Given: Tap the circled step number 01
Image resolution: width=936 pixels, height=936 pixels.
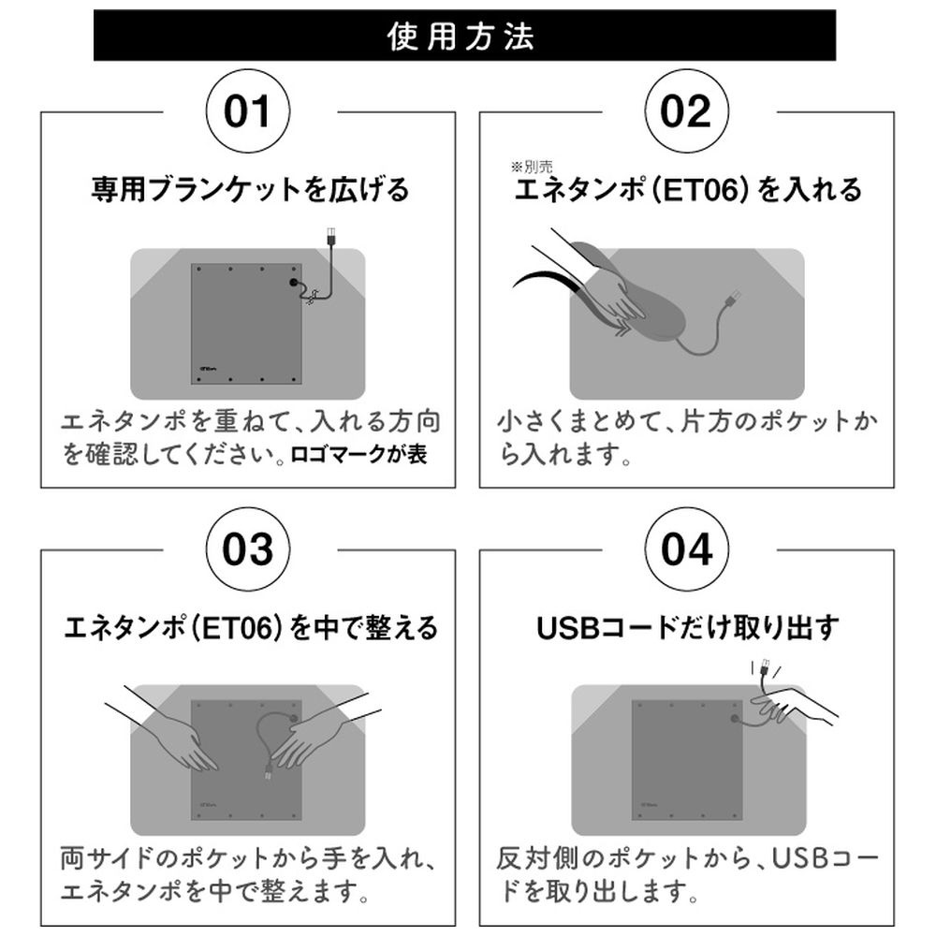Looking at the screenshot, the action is (248, 111).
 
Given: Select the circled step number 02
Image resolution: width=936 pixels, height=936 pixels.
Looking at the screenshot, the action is (686, 111).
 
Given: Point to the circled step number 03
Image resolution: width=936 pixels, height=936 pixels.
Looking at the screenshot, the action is (248, 549).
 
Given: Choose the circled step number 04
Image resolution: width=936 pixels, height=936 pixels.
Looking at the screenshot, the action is (686, 549).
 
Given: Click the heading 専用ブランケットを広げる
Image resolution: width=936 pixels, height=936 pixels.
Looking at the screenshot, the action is (250, 190).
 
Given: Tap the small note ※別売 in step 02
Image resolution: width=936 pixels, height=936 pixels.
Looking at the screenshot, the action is (532, 167).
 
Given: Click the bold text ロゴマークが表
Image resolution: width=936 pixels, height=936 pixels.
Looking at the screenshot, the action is (358, 455).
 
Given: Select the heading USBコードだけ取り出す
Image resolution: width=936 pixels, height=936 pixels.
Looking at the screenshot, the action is (688, 628).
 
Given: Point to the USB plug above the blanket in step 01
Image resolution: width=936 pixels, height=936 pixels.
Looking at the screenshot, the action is (330, 235).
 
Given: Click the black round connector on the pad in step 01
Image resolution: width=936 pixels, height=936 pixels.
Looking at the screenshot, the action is (294, 283).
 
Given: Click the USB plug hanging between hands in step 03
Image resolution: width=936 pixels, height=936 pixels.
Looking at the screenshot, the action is (268, 771).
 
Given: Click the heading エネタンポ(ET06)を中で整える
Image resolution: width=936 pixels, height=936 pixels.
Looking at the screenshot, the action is (251, 628).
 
